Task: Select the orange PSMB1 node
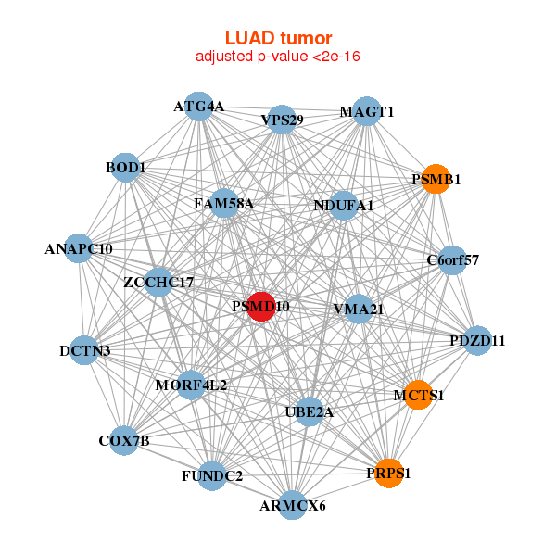click(x=435, y=179)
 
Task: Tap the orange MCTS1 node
click(x=418, y=395)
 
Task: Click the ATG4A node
click(x=198, y=107)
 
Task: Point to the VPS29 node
click(x=282, y=120)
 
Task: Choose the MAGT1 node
click(x=367, y=111)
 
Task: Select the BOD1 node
click(x=125, y=168)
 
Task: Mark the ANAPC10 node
click(x=80, y=248)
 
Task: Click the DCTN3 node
click(x=84, y=350)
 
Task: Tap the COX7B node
click(x=125, y=441)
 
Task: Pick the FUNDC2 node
click(x=212, y=476)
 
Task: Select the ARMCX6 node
click(x=293, y=505)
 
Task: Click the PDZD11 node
click(x=477, y=340)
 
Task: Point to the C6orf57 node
click(x=452, y=259)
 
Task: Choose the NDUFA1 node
click(x=343, y=205)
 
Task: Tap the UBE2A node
click(x=310, y=412)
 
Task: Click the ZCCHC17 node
click(x=158, y=281)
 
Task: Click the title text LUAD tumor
click(x=278, y=38)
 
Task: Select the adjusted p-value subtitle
click(x=278, y=57)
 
